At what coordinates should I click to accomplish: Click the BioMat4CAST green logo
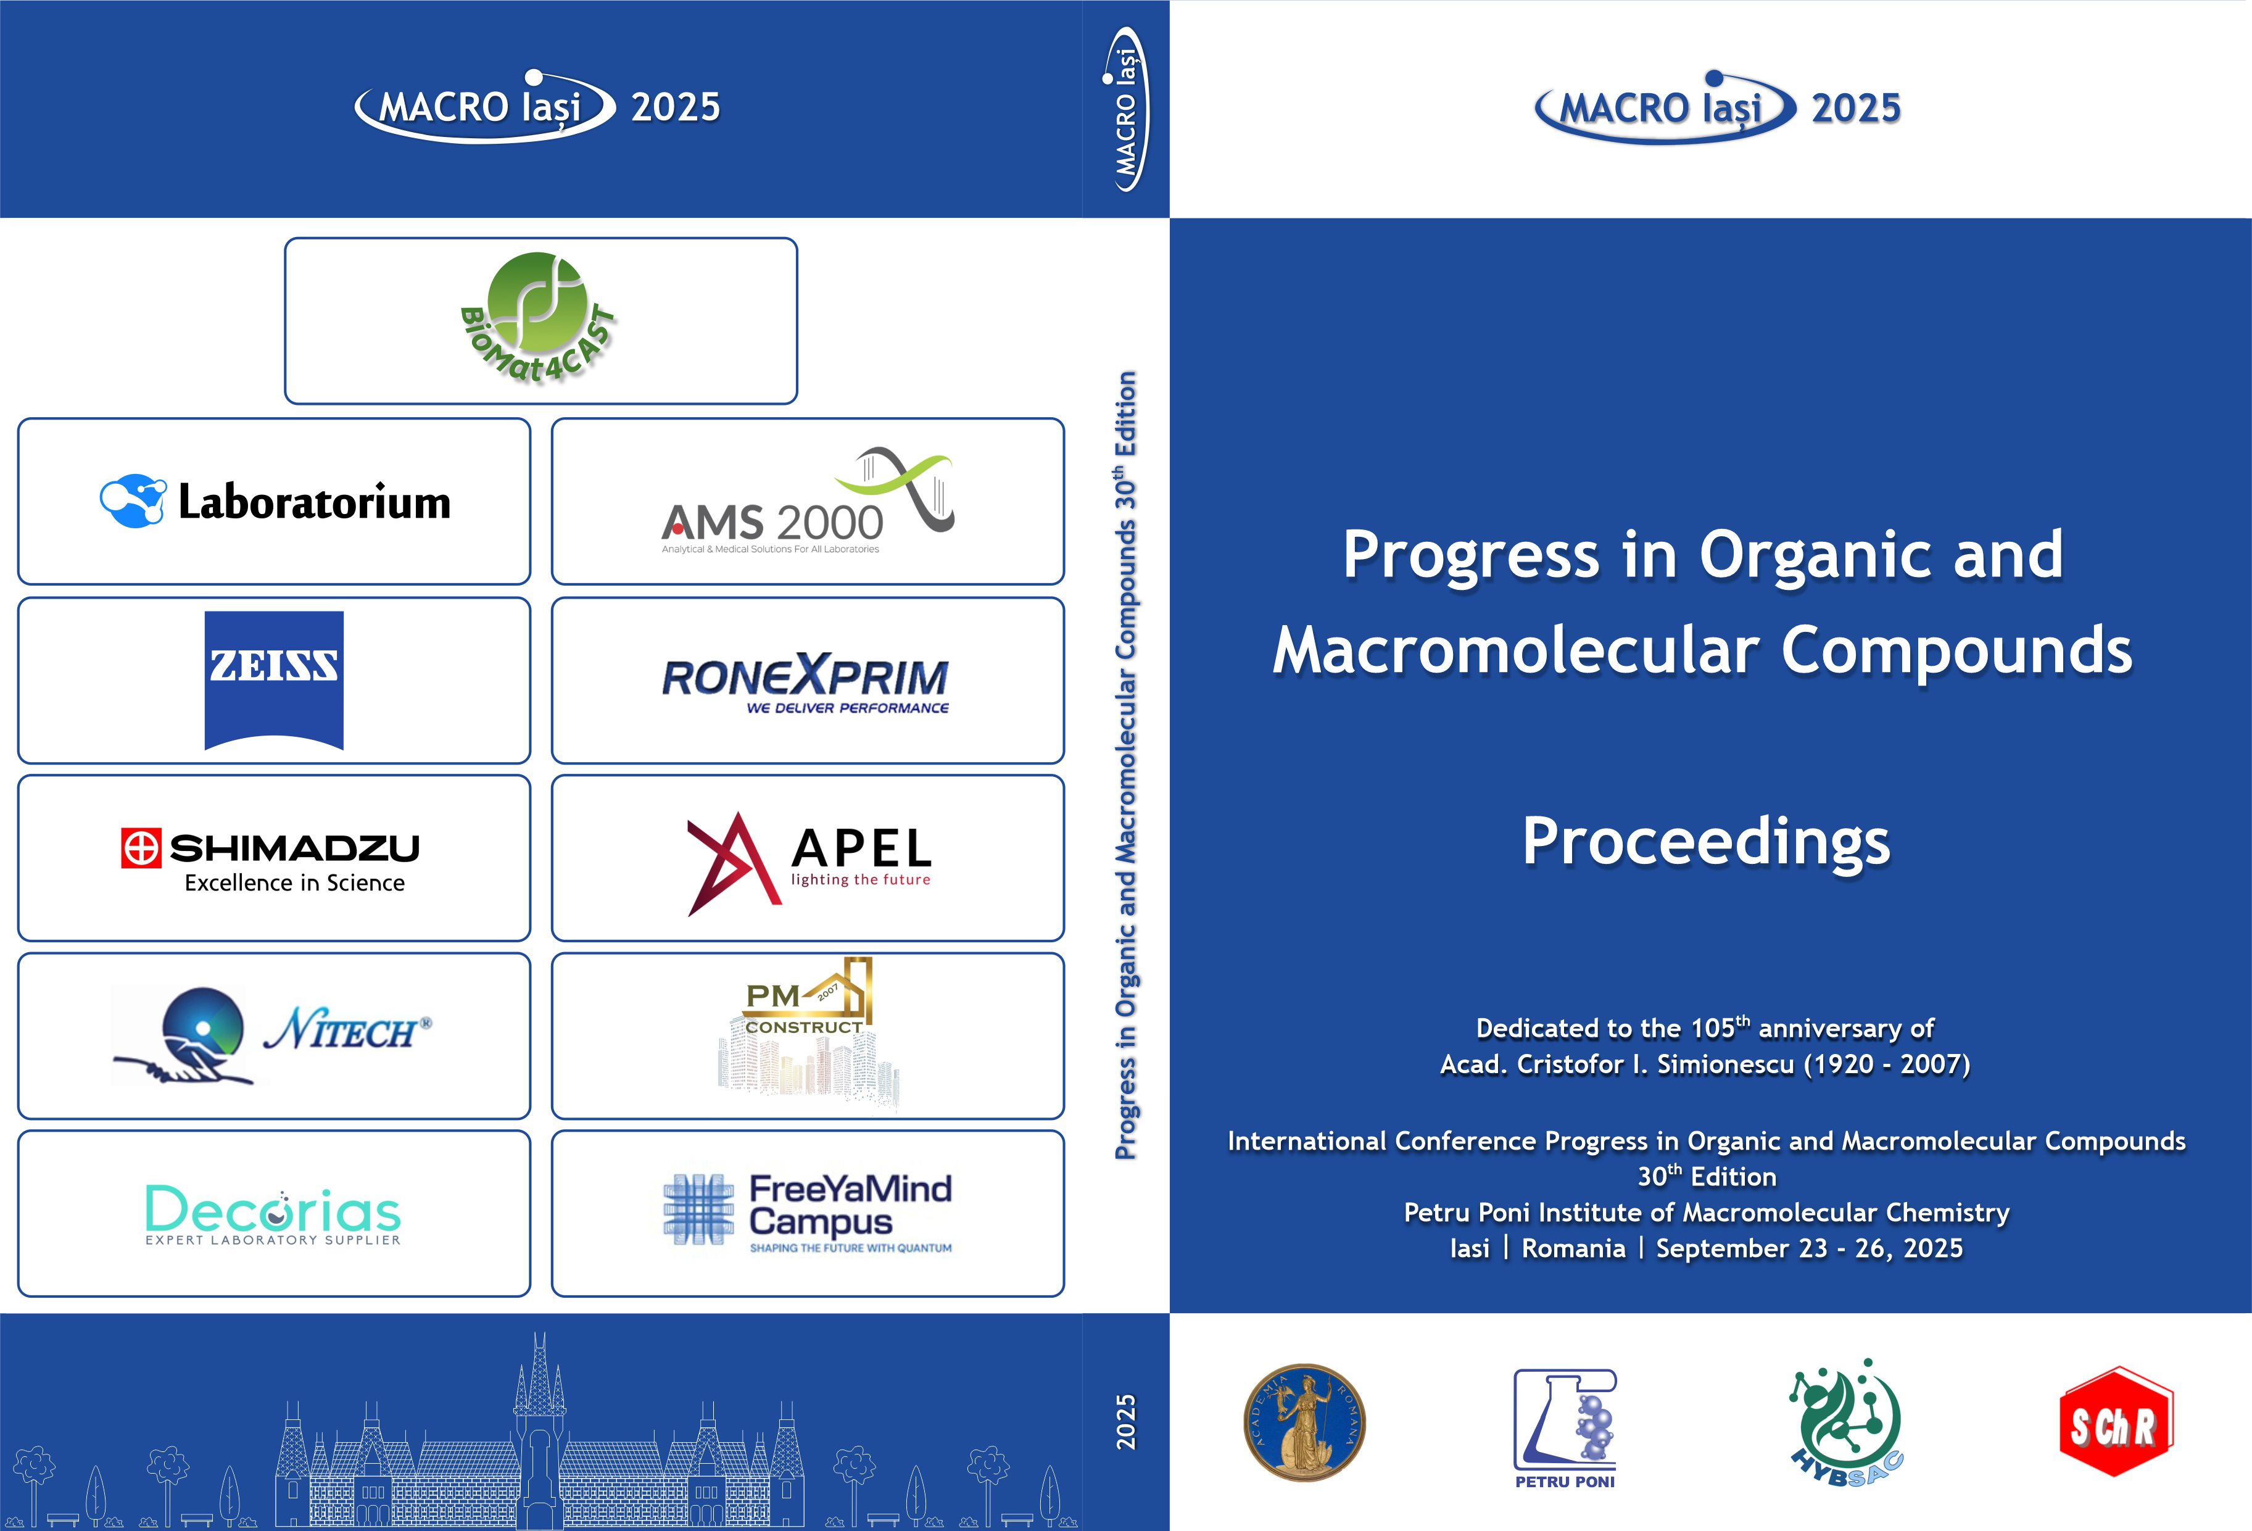coord(538,318)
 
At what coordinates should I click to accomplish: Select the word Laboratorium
coord(315,502)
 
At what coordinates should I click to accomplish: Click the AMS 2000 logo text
coord(772,523)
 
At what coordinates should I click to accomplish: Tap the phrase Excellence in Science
coord(294,883)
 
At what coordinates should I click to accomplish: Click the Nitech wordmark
coord(347,1029)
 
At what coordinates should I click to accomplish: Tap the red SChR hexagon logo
coord(2116,1422)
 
